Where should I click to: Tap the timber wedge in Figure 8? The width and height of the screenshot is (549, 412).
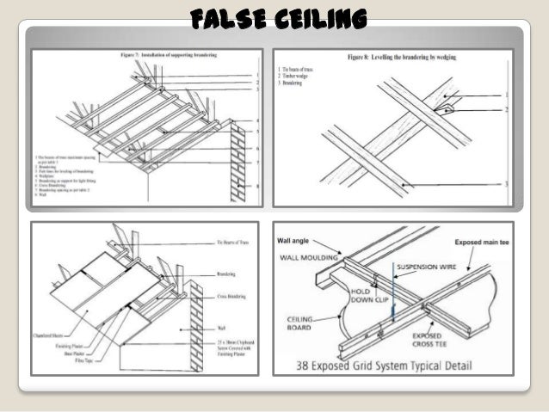click(444, 110)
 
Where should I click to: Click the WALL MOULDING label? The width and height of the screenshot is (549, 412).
click(309, 255)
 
